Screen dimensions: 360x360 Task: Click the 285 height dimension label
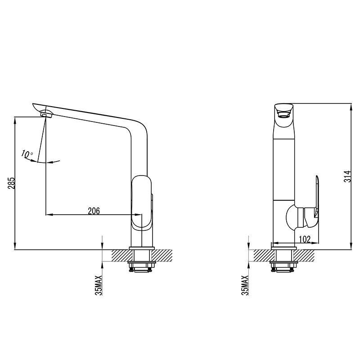12,183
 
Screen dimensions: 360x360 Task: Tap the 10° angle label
27,154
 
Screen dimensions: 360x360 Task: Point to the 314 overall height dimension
346,176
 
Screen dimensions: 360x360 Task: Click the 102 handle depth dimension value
305,239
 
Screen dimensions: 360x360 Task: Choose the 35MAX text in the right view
245,285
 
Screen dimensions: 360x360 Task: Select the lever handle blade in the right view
317,198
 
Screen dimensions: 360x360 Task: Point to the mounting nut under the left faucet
142,267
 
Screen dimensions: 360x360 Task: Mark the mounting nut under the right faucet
283,267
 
